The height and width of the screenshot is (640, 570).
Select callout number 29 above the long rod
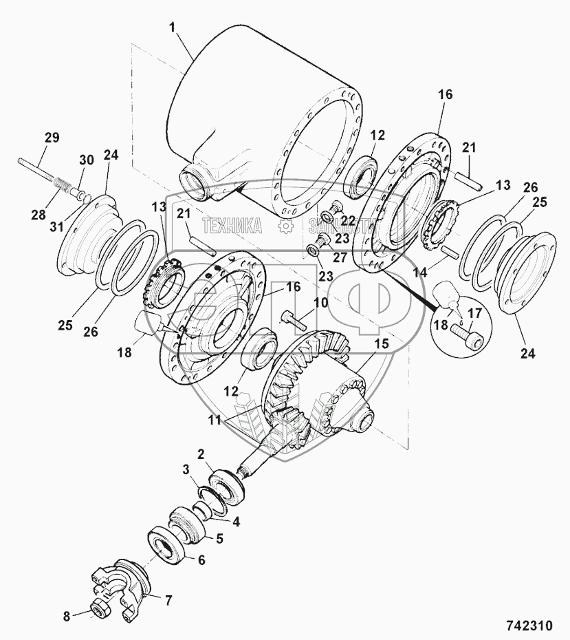click(x=52, y=138)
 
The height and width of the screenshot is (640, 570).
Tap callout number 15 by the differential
click(x=381, y=342)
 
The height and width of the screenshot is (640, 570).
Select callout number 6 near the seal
click(x=201, y=560)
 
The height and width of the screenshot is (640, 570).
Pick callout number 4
click(x=236, y=521)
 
